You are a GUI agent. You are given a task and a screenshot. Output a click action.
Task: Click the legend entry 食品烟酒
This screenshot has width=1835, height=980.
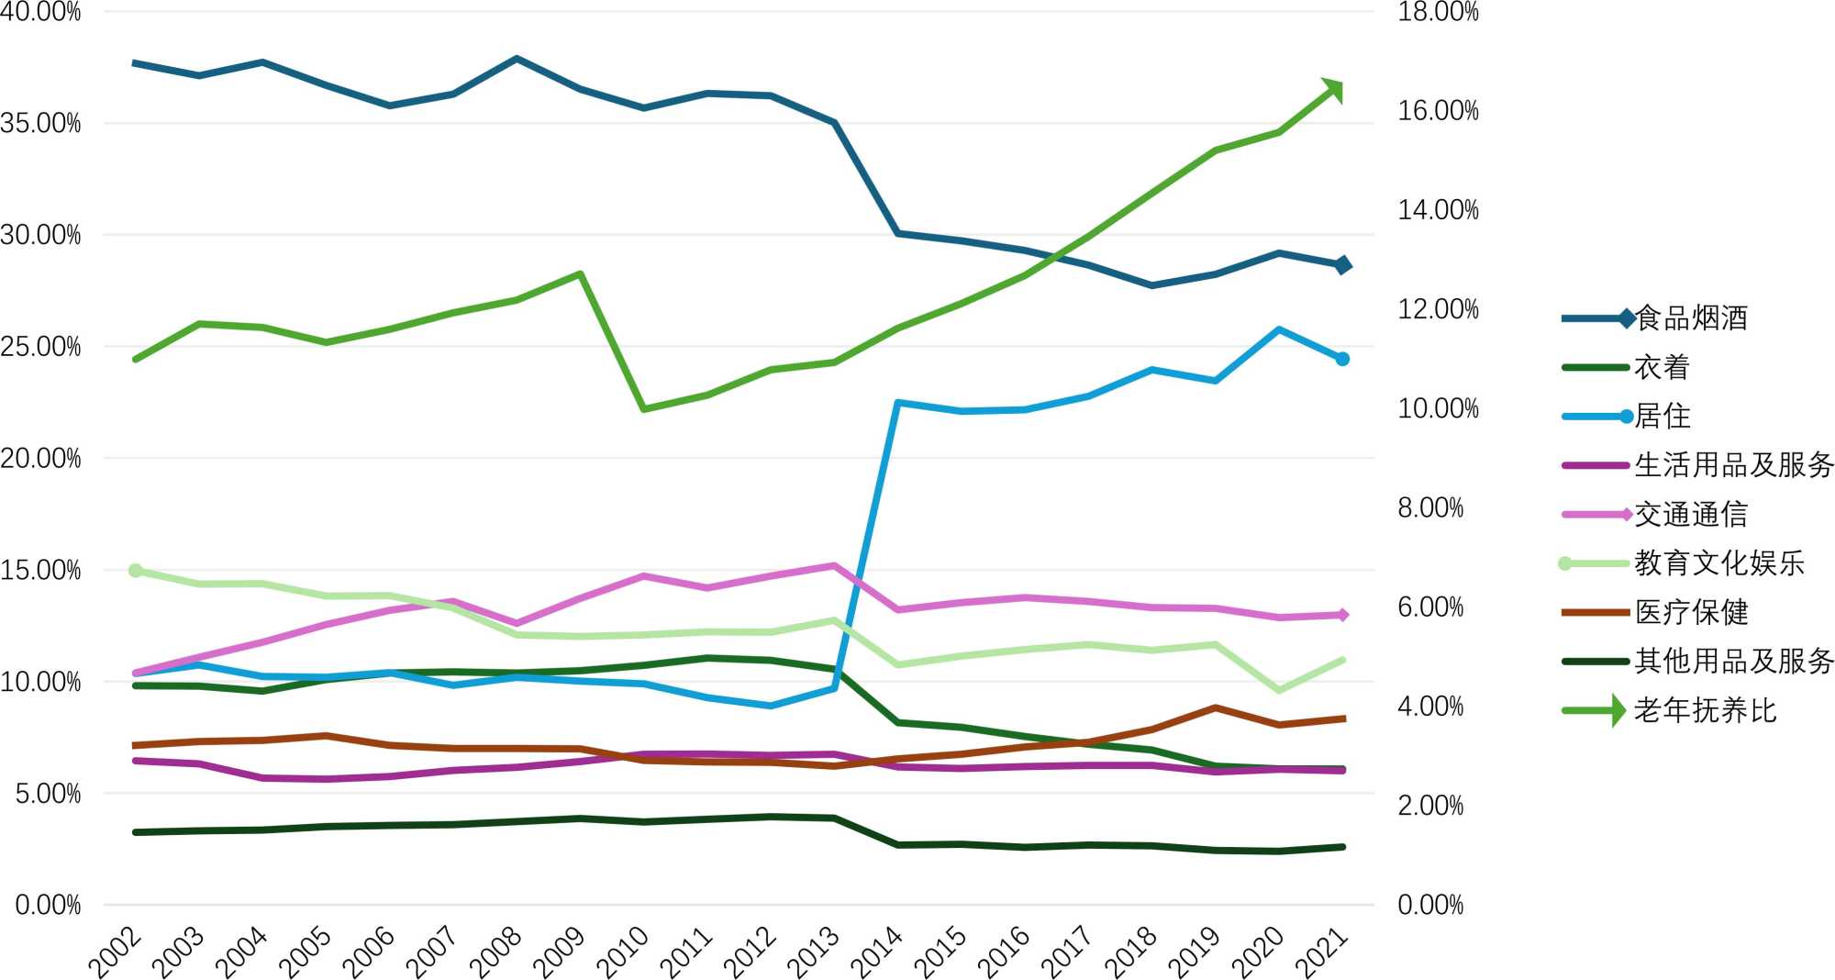point(1691,318)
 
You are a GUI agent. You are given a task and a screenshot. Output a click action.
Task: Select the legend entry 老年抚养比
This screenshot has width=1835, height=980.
point(1705,710)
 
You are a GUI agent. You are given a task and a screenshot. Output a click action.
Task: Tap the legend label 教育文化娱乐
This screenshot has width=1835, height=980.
point(1718,563)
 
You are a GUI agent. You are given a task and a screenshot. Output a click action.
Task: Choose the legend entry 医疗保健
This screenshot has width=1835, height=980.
point(1691,612)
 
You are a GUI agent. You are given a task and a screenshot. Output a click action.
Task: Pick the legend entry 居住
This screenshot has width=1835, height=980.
point(1662,417)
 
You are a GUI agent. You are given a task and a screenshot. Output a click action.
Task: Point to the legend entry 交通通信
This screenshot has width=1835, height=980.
point(1691,515)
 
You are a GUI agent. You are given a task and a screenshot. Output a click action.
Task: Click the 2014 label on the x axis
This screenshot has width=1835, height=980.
point(876,952)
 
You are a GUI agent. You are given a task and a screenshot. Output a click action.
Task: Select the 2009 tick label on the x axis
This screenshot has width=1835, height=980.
point(558,952)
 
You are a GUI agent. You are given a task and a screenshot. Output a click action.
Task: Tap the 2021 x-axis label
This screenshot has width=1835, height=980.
point(1321,952)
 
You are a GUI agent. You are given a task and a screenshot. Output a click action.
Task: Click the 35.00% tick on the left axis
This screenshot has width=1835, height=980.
point(41,124)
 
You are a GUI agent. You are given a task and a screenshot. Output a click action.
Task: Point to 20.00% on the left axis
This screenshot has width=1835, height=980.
point(41,459)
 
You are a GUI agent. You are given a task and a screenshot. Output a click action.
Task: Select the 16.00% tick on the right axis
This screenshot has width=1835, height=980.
point(1438,111)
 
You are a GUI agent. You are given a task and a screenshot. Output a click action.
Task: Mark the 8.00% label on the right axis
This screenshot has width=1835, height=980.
point(1430,508)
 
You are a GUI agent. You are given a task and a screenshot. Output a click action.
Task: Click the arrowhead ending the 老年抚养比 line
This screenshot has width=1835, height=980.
point(1335,90)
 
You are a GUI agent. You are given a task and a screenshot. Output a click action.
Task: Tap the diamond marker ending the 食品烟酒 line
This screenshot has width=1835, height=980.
point(1342,265)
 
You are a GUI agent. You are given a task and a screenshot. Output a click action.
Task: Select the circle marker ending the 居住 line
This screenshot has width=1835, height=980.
point(1342,359)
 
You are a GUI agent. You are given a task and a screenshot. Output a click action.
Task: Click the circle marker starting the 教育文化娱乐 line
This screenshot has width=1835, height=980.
point(136,571)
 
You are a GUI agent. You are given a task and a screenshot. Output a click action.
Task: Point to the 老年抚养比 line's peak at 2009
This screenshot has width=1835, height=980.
point(581,273)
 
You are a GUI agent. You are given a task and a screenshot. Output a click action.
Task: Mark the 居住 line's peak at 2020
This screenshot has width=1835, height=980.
point(1279,329)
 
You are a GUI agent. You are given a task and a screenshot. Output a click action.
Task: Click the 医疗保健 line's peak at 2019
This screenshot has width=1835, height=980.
point(1215,708)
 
